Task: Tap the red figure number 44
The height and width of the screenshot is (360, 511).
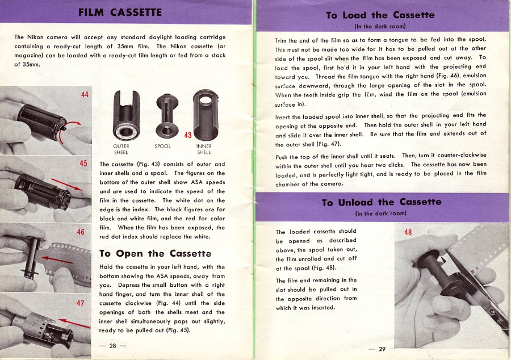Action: pyautogui.click(x=85, y=94)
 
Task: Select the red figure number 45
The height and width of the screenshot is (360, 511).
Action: pyautogui.click(x=84, y=164)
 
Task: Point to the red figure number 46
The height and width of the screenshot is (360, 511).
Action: pyautogui.click(x=81, y=233)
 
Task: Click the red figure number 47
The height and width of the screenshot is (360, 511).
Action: pyautogui.click(x=81, y=303)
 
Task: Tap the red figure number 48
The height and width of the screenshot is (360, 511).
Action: pyautogui.click(x=408, y=232)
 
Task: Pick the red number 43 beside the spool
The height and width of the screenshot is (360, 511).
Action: pyautogui.click(x=188, y=135)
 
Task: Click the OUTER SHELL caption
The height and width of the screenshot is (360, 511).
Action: pyautogui.click(x=121, y=149)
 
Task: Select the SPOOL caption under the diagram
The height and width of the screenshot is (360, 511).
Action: pyautogui.click(x=162, y=146)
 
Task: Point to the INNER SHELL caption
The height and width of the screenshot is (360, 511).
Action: pyautogui.click(x=204, y=149)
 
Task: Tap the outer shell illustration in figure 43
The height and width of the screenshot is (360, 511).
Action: pyautogui.click(x=122, y=114)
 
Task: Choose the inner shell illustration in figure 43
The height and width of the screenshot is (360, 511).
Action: pyautogui.click(x=204, y=114)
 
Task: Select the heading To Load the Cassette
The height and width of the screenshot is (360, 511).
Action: pyautogui.click(x=380, y=15)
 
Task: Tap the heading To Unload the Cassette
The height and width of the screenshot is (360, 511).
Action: pyautogui.click(x=382, y=202)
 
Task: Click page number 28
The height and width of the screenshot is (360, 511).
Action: pyautogui.click(x=112, y=346)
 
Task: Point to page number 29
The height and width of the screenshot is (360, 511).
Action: pyautogui.click(x=382, y=349)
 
